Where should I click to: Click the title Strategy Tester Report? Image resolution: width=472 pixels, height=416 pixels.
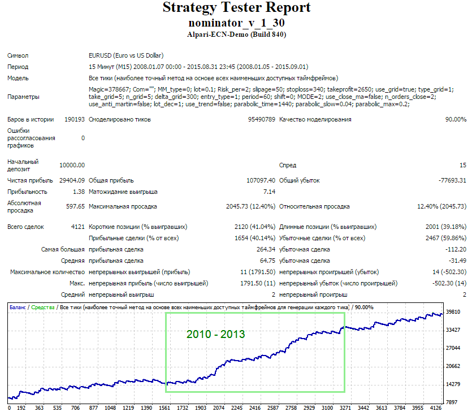236,8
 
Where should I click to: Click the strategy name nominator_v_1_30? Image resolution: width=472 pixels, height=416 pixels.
236,23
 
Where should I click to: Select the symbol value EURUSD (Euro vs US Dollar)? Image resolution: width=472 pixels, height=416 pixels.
126,55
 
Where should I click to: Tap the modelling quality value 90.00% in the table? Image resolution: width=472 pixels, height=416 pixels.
456,119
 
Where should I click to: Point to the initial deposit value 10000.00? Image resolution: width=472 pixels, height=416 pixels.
72,165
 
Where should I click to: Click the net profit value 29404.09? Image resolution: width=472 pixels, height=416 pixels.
72,181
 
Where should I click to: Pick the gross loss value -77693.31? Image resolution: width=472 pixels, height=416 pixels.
452,181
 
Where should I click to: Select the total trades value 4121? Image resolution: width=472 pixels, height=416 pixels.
77,227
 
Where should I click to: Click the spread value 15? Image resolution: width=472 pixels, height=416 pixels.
463,165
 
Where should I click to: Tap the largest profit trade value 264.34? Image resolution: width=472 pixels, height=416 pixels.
266,249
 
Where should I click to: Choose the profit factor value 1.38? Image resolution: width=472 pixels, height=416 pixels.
79,192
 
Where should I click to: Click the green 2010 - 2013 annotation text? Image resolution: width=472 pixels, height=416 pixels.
215,335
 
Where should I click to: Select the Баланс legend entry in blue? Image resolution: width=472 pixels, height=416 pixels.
18,307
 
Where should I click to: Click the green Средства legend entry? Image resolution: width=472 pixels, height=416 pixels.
43,307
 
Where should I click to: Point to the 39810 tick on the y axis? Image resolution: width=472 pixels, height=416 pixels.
453,312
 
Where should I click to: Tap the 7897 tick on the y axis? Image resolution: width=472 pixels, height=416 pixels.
452,402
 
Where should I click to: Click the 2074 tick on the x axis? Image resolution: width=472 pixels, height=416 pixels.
219,408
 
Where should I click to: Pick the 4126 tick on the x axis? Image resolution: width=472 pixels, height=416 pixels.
436,408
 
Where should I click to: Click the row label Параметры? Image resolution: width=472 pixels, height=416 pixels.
23,97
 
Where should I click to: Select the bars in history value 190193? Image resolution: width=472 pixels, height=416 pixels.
75,119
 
